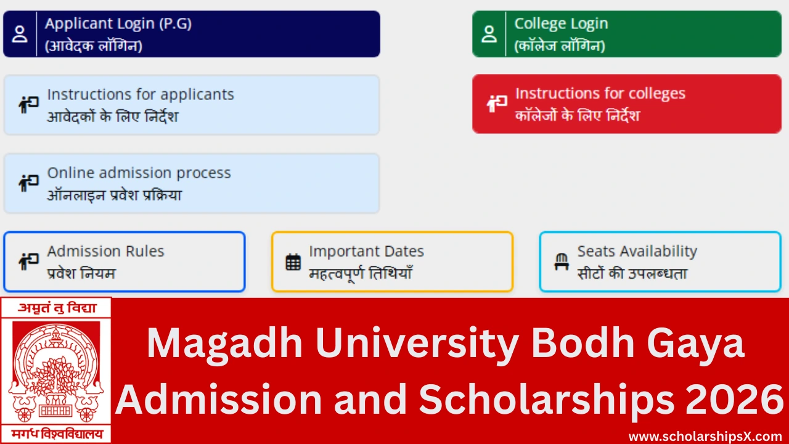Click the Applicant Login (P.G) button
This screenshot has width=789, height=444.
(x=191, y=34)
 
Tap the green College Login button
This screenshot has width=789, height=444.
(x=626, y=34)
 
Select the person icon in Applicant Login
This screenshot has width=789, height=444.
(x=20, y=34)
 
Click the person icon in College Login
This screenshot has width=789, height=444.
(x=489, y=34)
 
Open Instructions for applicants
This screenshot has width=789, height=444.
(x=191, y=105)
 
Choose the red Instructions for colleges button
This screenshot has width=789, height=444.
(x=626, y=104)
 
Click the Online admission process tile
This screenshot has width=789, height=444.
(x=191, y=183)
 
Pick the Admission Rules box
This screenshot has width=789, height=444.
(x=124, y=261)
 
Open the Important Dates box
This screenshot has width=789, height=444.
(x=392, y=261)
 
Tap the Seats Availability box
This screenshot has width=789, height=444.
(x=660, y=261)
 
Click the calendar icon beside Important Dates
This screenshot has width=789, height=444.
(x=293, y=262)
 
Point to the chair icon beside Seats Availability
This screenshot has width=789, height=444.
(x=561, y=262)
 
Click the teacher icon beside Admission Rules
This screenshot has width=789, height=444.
(x=28, y=261)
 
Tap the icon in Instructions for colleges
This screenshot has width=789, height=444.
(x=497, y=104)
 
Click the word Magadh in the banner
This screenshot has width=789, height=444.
(x=224, y=344)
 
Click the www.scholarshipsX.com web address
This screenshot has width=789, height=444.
(x=705, y=436)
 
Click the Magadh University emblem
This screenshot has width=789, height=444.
(x=56, y=370)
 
